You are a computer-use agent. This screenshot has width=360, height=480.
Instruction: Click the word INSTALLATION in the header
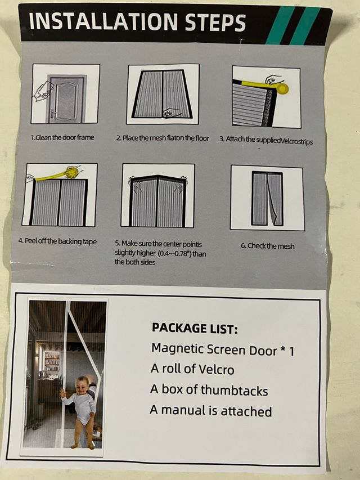103,21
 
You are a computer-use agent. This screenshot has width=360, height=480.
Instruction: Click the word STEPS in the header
215,23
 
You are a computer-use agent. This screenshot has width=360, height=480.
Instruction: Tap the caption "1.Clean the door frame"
62,137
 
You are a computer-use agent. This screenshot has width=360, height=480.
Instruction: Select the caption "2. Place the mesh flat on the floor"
163,138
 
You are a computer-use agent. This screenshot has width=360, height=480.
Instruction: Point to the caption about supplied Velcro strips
266,140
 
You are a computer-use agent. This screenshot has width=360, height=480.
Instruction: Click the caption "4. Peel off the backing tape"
57,241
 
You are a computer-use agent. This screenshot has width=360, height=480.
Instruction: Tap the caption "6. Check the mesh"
268,246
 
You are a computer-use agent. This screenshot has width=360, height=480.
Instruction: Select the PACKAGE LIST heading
195,328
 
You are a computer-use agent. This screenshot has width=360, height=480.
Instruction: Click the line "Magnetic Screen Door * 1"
223,350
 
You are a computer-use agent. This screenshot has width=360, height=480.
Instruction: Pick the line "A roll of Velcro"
192,369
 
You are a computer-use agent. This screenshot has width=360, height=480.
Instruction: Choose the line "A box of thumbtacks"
209,390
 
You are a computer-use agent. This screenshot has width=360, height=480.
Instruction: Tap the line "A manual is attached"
210,411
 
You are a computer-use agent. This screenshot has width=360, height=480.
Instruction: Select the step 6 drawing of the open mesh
267,199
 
